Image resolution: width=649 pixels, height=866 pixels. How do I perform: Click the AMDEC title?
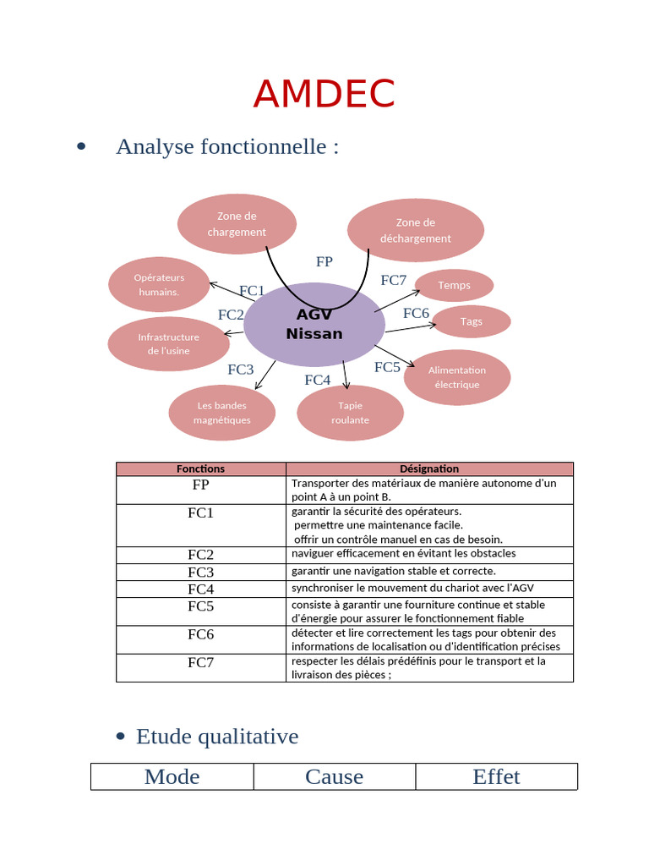point(324,94)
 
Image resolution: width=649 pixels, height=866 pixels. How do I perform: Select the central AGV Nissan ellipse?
point(314,325)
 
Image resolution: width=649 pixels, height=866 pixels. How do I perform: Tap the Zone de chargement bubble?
point(237,224)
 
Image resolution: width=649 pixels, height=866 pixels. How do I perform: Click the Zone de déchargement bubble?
point(416,231)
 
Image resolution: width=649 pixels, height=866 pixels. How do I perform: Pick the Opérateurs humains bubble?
point(159,285)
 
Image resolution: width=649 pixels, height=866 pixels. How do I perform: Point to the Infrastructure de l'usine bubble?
point(168,343)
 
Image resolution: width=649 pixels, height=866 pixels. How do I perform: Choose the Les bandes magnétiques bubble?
point(221,413)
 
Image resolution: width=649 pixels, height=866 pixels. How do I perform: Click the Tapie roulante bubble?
point(350,413)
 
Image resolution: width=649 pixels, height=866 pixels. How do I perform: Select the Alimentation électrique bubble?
point(457,377)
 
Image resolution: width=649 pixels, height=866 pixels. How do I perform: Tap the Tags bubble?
point(471,321)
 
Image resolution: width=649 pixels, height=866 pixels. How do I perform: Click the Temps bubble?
point(454,286)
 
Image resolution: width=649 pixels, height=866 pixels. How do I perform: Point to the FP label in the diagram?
point(324,262)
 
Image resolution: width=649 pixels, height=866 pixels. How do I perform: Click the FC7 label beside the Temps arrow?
point(394,281)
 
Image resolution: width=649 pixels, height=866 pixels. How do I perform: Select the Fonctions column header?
point(201,469)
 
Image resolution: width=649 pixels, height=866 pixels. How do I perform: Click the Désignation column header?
point(429,469)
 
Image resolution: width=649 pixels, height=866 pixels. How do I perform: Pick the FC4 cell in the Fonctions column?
point(201,589)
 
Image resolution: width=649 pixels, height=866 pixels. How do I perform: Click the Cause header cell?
point(335,776)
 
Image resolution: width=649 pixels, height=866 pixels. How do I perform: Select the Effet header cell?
point(496,776)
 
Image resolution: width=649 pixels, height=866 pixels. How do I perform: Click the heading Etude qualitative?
point(217,737)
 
